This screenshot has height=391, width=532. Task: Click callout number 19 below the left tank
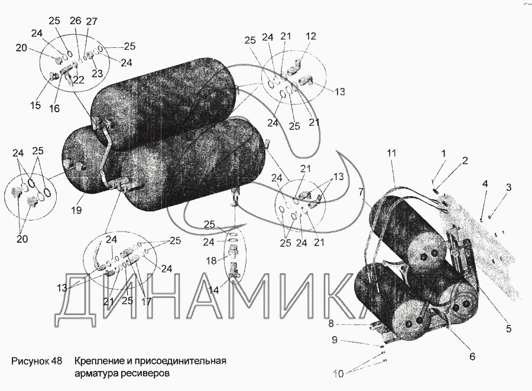click(77, 210)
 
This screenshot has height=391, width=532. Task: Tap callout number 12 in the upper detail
click(311, 36)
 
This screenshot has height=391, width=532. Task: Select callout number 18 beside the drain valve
click(211, 261)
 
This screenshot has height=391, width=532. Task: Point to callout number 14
click(214, 290)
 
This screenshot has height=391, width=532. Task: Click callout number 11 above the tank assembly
click(391, 153)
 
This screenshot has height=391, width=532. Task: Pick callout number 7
click(361, 193)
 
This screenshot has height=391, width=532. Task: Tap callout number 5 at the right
click(508, 328)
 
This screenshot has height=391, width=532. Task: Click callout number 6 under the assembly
click(472, 356)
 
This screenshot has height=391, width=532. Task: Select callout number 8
click(331, 324)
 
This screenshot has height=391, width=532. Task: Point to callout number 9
click(335, 340)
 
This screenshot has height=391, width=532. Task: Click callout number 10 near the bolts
click(339, 374)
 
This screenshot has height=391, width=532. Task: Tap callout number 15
click(35, 105)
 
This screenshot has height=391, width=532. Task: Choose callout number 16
click(54, 108)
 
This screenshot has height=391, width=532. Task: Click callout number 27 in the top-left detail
click(92, 21)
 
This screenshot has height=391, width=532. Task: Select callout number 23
click(97, 73)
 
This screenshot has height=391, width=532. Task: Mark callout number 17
click(146, 301)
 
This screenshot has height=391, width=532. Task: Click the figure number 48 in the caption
click(56, 361)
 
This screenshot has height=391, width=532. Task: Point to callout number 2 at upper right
click(465, 161)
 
